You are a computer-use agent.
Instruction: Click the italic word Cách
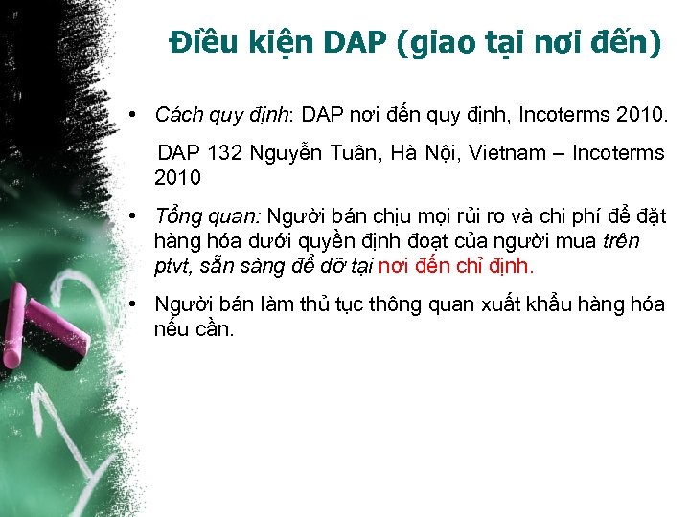click(x=177, y=115)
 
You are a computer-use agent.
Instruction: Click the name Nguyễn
click(x=285, y=153)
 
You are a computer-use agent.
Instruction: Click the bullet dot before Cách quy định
click(x=140, y=115)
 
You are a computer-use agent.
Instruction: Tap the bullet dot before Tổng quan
click(x=140, y=216)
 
